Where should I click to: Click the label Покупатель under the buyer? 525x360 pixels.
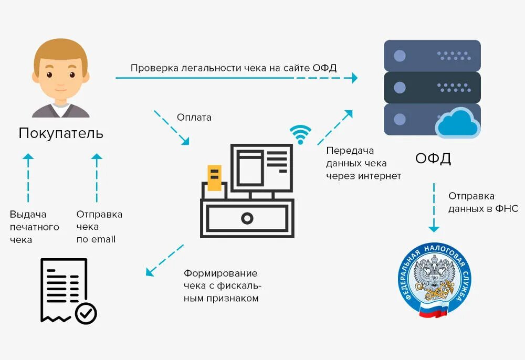61,133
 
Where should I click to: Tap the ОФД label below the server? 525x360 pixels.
433,158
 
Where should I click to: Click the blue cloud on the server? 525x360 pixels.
458,123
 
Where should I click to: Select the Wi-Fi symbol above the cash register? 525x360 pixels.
300,134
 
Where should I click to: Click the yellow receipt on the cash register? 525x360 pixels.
214,177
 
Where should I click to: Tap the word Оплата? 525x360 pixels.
194,118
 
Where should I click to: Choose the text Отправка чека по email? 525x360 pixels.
99,227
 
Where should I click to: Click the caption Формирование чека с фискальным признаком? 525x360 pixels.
222,286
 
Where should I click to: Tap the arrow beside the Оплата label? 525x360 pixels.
172,128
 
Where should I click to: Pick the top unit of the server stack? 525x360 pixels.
432,56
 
